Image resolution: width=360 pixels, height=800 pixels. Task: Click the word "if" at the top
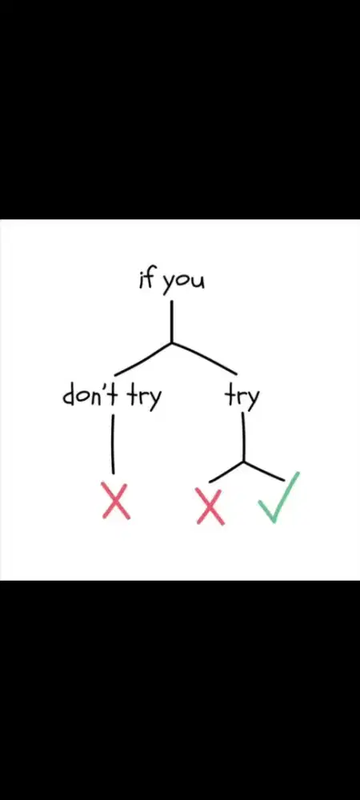pyautogui.click(x=146, y=280)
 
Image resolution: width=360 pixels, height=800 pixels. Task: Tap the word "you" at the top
pyautogui.click(x=183, y=284)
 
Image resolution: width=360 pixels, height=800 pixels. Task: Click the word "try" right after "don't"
pyautogui.click(x=144, y=398)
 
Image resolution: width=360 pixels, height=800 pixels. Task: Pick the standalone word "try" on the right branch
pyautogui.click(x=242, y=398)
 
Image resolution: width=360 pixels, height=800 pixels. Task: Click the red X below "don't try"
pyautogui.click(x=116, y=501)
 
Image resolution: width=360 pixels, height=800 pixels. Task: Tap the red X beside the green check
pyautogui.click(x=210, y=506)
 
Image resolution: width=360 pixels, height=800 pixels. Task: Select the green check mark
pyautogui.click(x=278, y=498)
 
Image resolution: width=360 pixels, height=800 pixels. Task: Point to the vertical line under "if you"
pyautogui.click(x=171, y=322)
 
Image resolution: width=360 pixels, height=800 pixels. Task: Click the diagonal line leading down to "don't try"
pyautogui.click(x=142, y=358)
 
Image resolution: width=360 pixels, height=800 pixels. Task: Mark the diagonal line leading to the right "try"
pyautogui.click(x=204, y=358)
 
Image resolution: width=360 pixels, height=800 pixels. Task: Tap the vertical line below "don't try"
pyautogui.click(x=113, y=444)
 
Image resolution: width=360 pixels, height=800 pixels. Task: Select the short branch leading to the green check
pyautogui.click(x=264, y=471)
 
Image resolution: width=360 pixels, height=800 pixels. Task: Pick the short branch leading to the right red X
pyautogui.click(x=226, y=472)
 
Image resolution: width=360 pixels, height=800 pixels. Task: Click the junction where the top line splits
pyautogui.click(x=172, y=343)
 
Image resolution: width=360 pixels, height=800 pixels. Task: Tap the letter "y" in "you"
pyautogui.click(x=169, y=286)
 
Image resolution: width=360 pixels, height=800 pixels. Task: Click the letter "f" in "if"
pyautogui.click(x=150, y=280)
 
